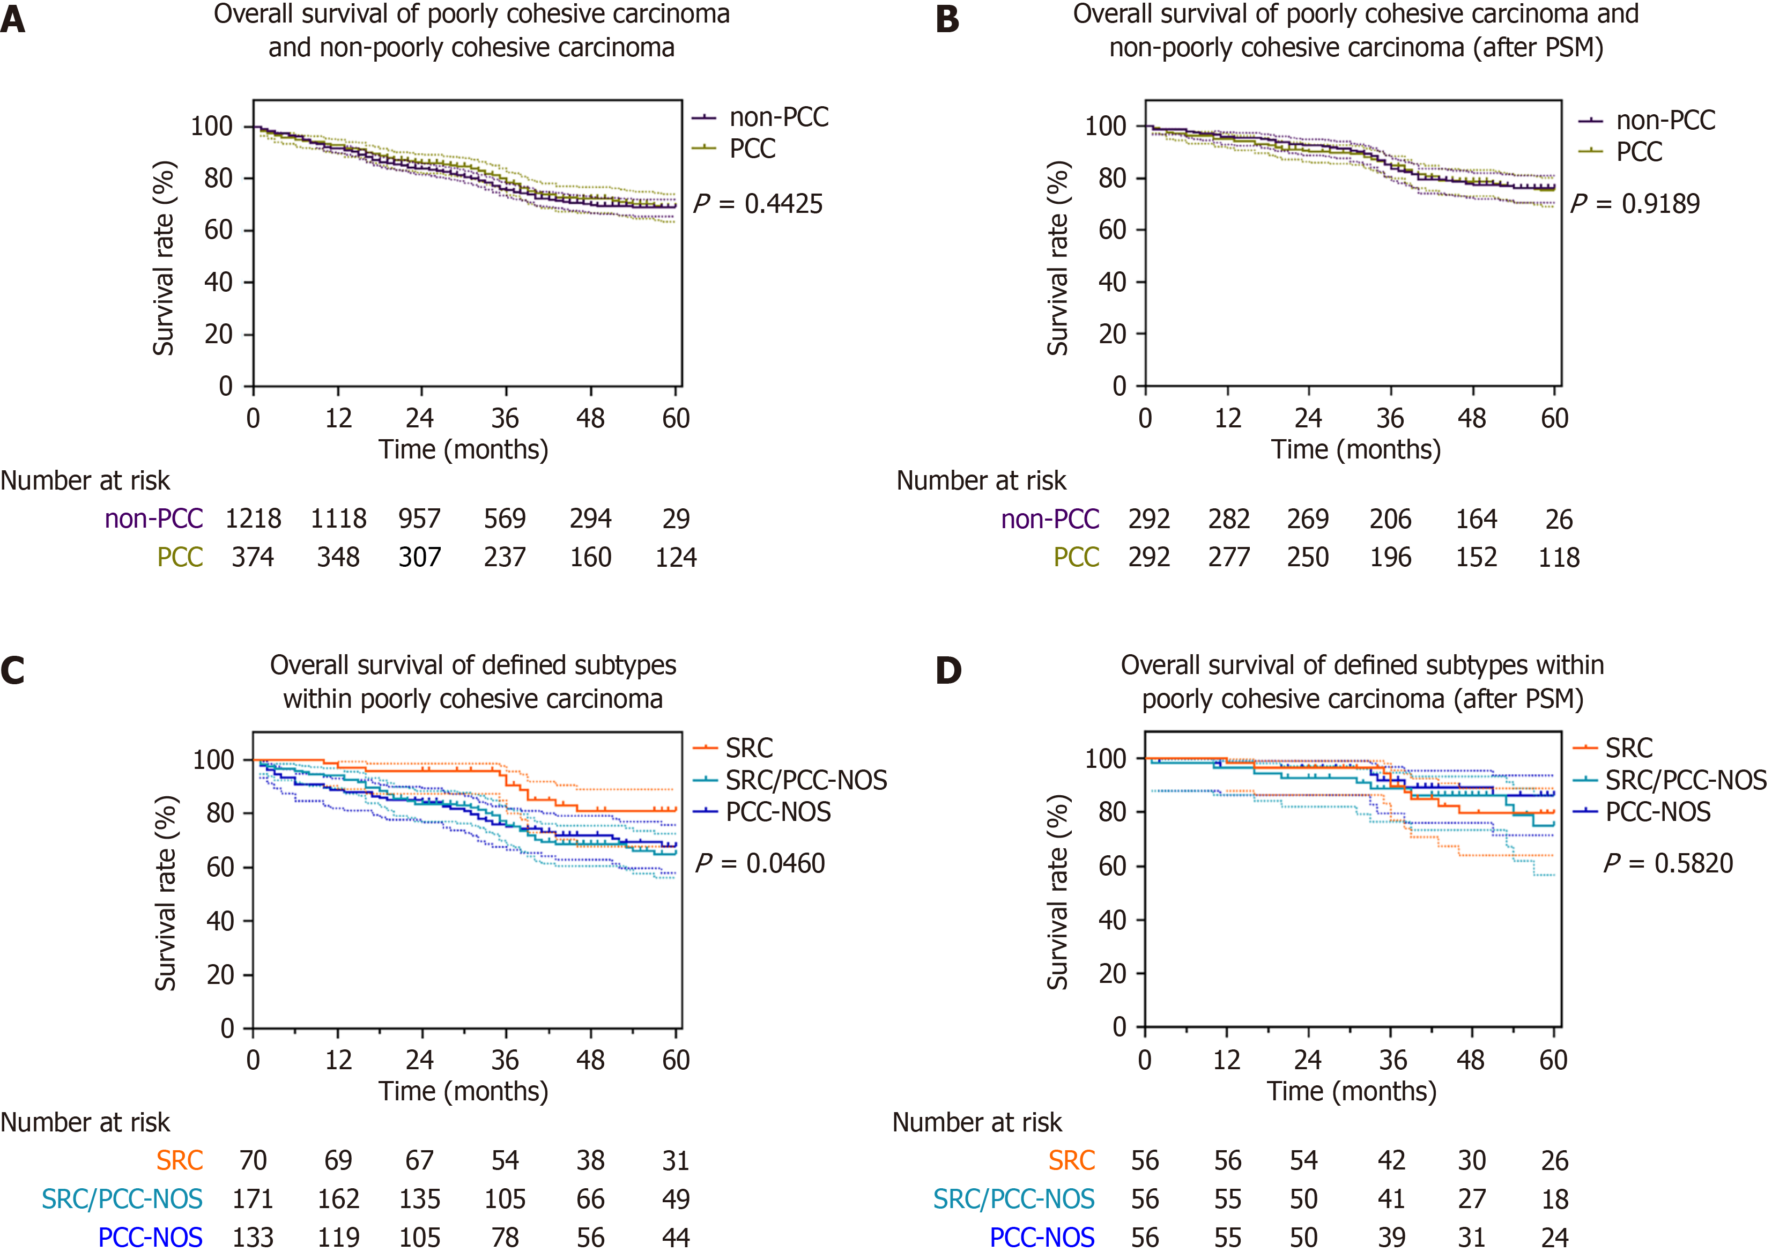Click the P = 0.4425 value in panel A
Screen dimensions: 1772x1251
point(758,204)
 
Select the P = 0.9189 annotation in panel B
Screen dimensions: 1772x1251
point(1635,204)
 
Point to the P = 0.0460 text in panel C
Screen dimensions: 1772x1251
point(760,863)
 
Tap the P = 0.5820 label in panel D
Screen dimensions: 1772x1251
point(1669,863)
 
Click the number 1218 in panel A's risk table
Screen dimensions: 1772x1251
point(253,519)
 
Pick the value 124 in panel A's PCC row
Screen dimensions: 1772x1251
point(676,557)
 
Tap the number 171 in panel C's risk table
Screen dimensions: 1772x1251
point(253,1198)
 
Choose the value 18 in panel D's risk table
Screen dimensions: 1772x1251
point(1555,1198)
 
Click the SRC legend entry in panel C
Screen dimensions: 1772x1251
point(733,748)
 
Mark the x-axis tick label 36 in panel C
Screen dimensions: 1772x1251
point(506,1060)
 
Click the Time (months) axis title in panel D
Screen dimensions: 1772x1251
point(1351,1091)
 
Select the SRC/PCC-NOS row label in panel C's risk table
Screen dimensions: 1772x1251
point(122,1198)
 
